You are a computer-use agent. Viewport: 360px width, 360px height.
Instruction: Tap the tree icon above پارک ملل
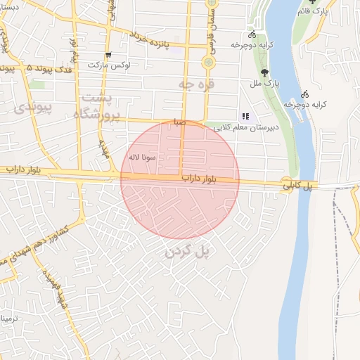pyautogui.click(x=264, y=72)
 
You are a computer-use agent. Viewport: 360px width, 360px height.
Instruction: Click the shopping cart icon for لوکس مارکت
pyautogui.click(x=108, y=55)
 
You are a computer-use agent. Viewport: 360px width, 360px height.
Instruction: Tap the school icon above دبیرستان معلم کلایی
pyautogui.click(x=245, y=117)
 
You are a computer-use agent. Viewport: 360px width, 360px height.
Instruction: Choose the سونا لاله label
pyautogui.click(x=142, y=156)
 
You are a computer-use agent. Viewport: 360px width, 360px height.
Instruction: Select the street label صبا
pyautogui.click(x=181, y=122)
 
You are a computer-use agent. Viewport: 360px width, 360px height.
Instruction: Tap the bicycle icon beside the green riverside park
pyautogui.click(x=252, y=34)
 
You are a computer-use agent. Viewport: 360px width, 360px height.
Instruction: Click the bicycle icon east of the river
pyautogui.click(x=304, y=94)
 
